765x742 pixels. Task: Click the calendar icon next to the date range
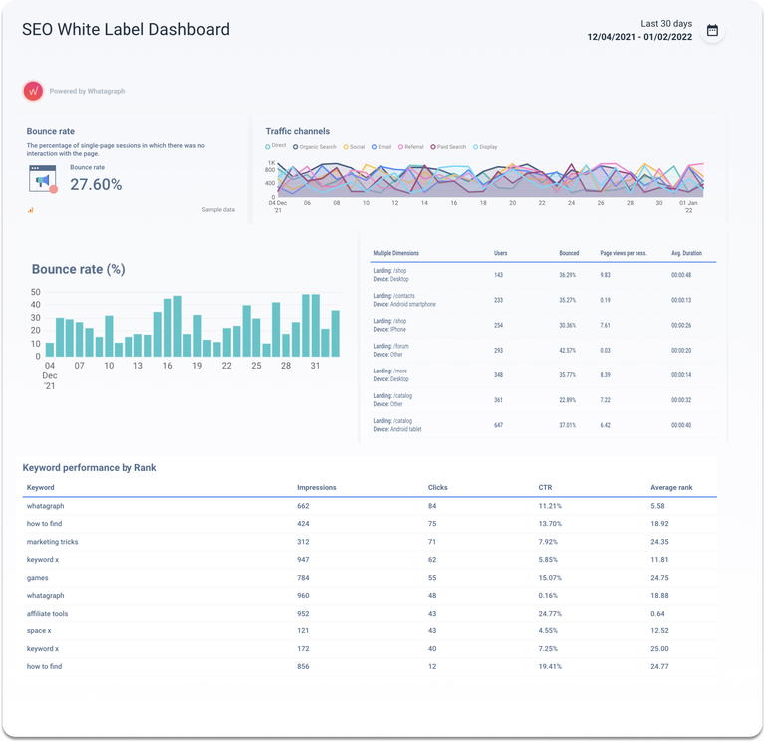pos(712,31)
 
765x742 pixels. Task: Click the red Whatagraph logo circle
pos(33,91)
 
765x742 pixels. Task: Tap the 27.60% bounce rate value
pos(96,184)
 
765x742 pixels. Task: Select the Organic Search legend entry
pos(314,147)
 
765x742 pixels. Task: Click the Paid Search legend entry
pos(448,147)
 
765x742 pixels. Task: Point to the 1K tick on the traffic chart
pos(270,162)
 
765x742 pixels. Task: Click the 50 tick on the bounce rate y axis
pos(36,292)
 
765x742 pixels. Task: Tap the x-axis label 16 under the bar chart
pos(167,366)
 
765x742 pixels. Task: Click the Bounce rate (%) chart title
pos(79,269)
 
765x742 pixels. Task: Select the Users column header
pos(500,253)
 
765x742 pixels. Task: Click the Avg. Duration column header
pos(686,253)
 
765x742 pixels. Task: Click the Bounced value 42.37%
pos(568,350)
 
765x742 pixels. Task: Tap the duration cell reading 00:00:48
pos(681,275)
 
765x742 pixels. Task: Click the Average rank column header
pos(671,488)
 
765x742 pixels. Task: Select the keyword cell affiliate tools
pos(48,614)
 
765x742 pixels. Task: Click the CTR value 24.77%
pos(552,614)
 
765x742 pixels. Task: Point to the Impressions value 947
pos(303,560)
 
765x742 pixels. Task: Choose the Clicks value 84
pos(432,506)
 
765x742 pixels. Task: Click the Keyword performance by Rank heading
pos(90,467)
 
